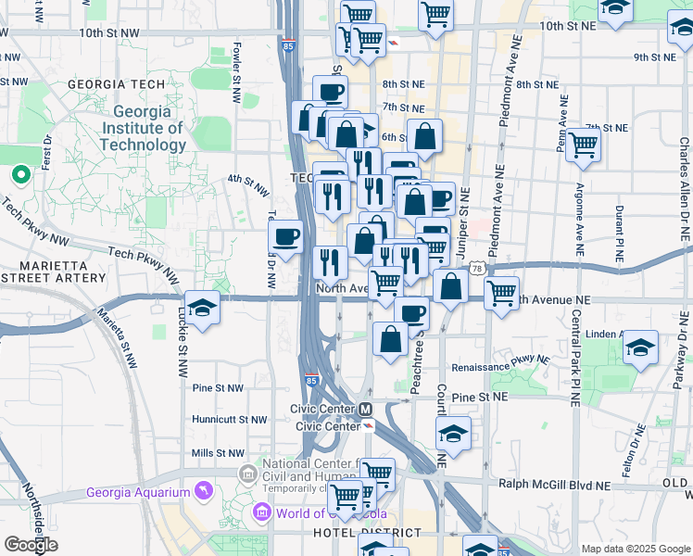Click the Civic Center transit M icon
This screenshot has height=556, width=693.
(366, 409)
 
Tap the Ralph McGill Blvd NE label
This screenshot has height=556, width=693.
(554, 485)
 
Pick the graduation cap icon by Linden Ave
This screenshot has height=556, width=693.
(640, 347)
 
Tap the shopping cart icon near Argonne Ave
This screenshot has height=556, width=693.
(583, 145)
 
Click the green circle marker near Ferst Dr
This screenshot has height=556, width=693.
(20, 173)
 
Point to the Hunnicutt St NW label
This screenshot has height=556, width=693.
(230, 420)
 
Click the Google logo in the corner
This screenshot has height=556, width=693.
(31, 545)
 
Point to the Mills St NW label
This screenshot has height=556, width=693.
(217, 453)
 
